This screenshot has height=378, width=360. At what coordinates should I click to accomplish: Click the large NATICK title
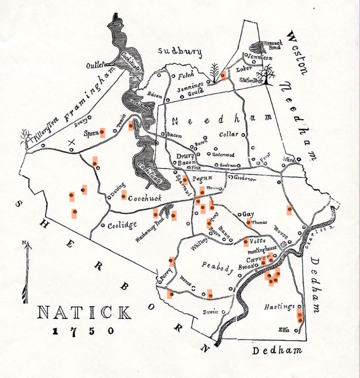84,313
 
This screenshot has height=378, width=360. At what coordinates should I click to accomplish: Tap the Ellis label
285,330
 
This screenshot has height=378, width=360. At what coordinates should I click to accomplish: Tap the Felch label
185,75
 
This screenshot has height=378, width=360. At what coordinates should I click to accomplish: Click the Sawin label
211,312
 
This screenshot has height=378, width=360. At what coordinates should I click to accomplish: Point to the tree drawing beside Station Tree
267,74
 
